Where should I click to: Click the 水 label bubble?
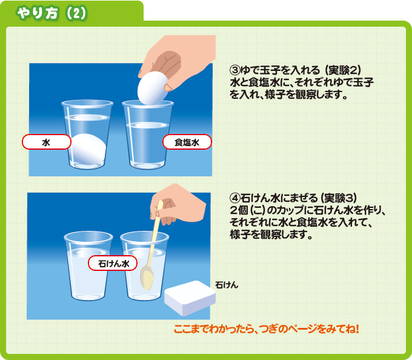pyautogui.click(x=47, y=142)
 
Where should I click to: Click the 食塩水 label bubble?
pyautogui.click(x=187, y=142)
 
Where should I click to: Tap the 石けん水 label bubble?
pyautogui.click(x=113, y=263)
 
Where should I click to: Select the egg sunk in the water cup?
pyautogui.click(x=88, y=149)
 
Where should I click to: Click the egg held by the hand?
pyautogui.click(x=152, y=88)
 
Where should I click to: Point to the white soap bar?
pyautogui.click(x=190, y=298)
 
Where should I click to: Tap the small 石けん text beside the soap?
pyautogui.click(x=227, y=285)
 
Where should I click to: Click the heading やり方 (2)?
pyautogui.click(x=51, y=13)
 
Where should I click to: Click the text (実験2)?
pyautogui.click(x=343, y=70)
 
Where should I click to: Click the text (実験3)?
pyautogui.click(x=339, y=198)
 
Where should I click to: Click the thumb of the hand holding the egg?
pyautogui.click(x=169, y=87)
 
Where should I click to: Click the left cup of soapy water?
pyautogui.click(x=88, y=266)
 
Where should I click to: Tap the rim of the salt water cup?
pyautogui.click(x=148, y=103)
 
